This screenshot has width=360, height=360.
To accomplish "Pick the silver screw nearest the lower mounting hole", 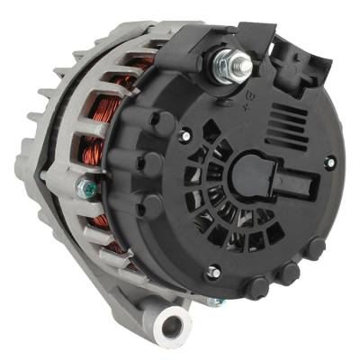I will tap(212, 270).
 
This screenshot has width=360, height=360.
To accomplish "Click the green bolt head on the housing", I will tap(87, 188).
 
